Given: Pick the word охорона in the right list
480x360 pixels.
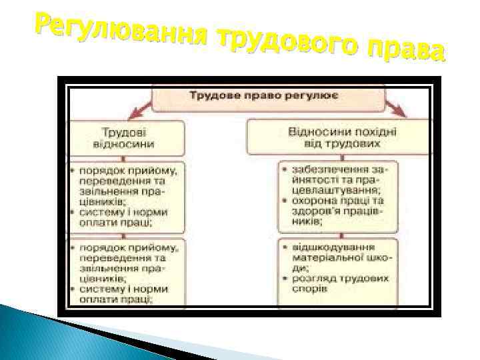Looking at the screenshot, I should click(313, 200).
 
